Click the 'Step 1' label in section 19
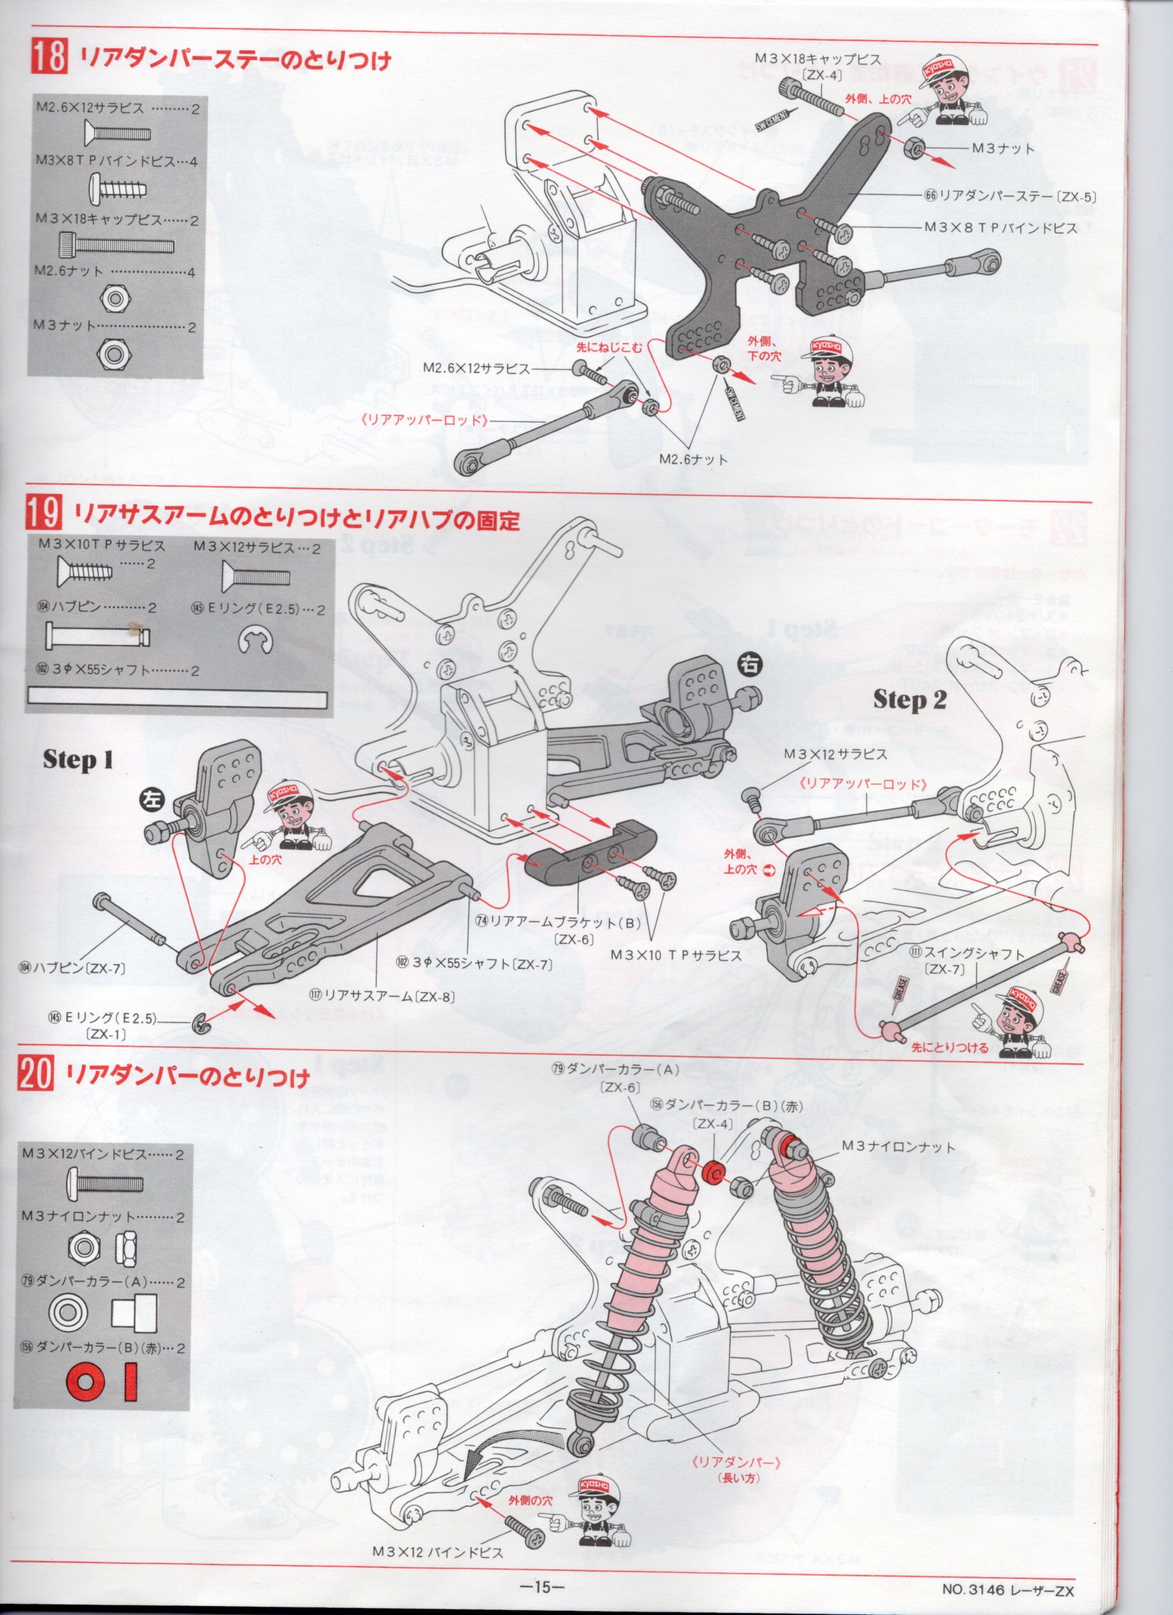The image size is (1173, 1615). coord(77,760)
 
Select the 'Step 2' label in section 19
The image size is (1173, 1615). coord(909,700)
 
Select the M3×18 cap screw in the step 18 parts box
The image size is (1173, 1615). coord(114,246)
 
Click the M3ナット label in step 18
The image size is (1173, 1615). coord(998,149)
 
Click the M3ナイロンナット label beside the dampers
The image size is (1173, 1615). coord(898,1146)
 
